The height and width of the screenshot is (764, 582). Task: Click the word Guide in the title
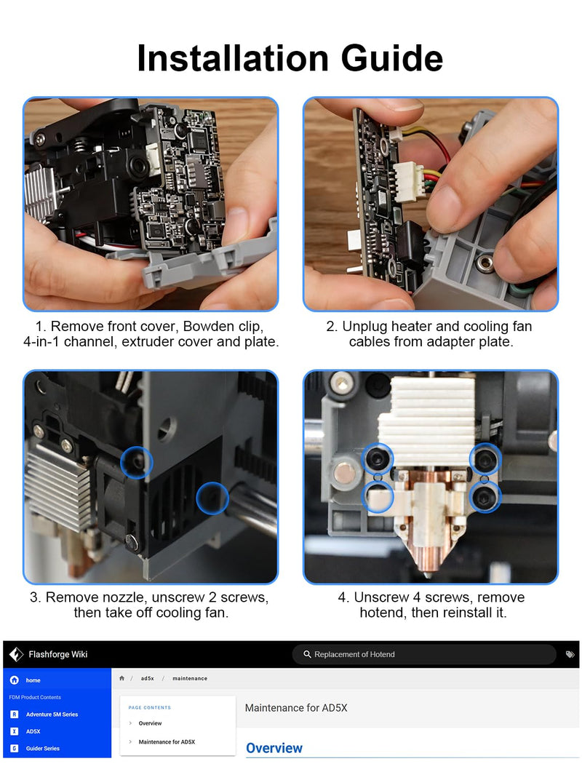[x=392, y=58]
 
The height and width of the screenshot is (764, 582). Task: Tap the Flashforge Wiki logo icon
[x=16, y=654]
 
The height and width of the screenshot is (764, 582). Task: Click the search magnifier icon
[x=307, y=654]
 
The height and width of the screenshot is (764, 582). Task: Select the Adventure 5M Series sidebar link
[x=52, y=715]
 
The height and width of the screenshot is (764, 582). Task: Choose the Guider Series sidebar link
[x=42, y=749]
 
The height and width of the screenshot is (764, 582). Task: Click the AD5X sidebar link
[x=33, y=731]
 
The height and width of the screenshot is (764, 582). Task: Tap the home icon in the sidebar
[x=15, y=680]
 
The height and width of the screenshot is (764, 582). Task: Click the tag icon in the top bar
[x=570, y=654]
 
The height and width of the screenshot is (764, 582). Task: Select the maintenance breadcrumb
[x=189, y=678]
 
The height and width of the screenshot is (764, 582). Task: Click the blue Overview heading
[x=274, y=748]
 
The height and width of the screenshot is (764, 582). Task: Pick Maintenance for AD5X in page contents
[x=167, y=741]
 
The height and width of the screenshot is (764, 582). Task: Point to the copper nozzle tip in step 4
[x=428, y=573]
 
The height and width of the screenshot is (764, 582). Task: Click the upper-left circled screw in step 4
[x=378, y=458]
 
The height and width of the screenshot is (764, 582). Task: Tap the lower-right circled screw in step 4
[x=485, y=496]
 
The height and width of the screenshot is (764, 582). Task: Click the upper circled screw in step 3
[x=136, y=462]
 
